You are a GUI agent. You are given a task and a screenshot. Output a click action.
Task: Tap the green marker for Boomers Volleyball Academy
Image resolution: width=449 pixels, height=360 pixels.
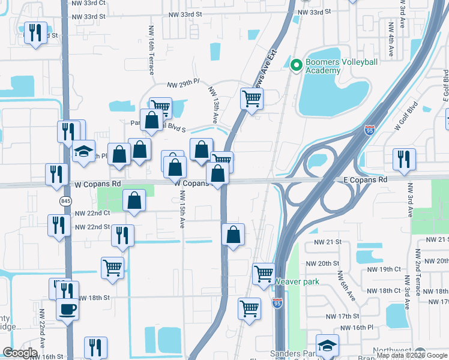(295, 65)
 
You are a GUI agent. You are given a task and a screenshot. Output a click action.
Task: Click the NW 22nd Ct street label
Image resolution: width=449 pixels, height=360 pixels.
(92, 213)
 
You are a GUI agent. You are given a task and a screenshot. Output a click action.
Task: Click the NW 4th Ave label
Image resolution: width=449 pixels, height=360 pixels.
(391, 39)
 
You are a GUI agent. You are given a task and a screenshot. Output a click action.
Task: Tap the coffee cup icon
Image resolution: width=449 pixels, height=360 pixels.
(66, 310)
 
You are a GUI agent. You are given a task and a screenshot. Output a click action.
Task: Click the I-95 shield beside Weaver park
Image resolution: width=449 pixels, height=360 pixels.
(277, 302)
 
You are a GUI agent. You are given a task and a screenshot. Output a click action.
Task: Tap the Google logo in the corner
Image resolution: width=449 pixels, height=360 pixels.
(20, 353)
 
